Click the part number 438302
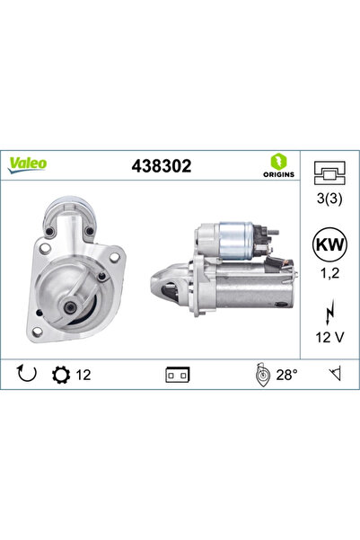(162, 165)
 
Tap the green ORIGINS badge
(278, 165)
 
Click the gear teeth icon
(63, 372)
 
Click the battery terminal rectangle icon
(176, 373)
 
